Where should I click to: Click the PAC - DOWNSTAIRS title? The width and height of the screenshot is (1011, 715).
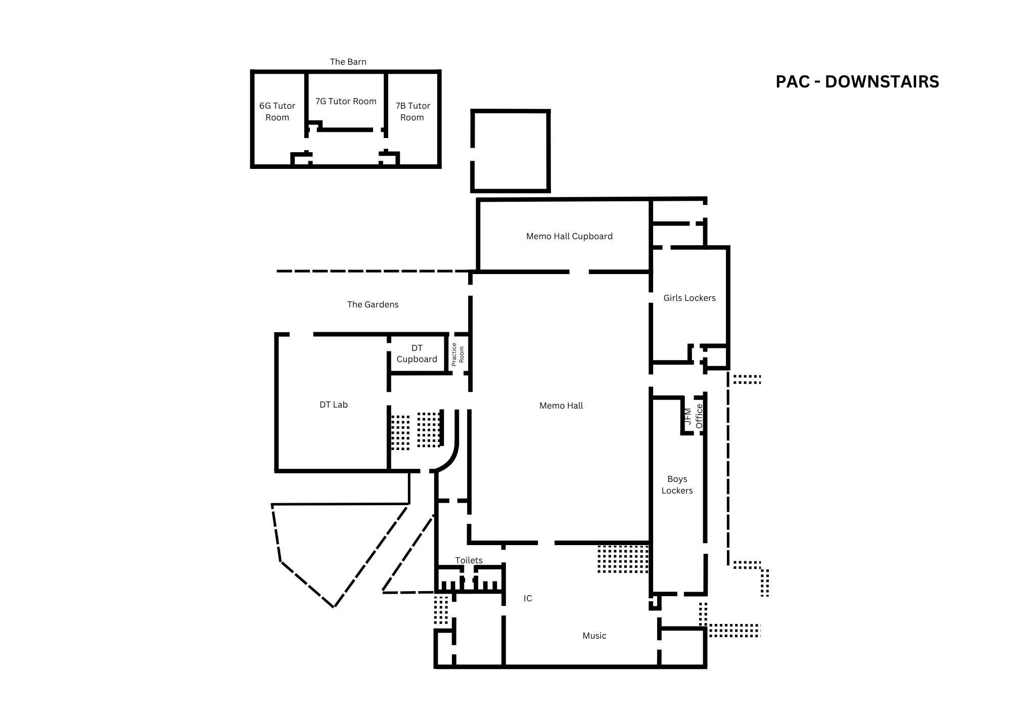857,82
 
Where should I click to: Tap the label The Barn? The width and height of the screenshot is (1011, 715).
348,62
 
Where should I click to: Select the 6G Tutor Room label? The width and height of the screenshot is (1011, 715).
277,111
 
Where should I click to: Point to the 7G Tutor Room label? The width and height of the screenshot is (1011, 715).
346,101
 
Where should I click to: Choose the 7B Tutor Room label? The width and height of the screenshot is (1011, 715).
412,111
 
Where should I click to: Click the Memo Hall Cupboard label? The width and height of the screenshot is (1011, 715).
569,236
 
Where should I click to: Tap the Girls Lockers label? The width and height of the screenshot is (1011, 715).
690,298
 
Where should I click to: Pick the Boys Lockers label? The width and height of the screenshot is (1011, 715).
677,484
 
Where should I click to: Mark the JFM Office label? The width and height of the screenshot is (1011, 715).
693,416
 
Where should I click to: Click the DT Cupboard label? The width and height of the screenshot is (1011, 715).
417,353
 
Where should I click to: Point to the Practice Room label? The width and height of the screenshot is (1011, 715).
457,354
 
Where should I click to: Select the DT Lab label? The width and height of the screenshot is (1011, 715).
334,405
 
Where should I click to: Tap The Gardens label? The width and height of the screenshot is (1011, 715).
373,304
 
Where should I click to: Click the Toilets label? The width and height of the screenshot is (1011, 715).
469,560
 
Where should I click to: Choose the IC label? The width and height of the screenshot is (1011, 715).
528,598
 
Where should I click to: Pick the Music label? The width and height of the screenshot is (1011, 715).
594,636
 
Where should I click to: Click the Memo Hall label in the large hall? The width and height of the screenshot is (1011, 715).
561,406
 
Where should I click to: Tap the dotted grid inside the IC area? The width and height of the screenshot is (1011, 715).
623,559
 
